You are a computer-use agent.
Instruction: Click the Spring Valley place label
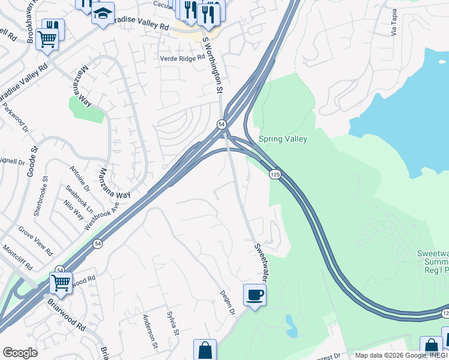(283, 139)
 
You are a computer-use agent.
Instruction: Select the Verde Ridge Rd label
(182, 58)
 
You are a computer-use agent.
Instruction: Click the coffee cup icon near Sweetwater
(255, 294)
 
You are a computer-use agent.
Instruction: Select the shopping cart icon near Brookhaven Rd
(47, 39)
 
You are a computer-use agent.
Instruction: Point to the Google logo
(20, 352)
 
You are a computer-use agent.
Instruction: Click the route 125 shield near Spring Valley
(275, 174)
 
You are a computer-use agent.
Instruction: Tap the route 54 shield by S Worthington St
(221, 124)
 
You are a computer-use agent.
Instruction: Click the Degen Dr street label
(229, 301)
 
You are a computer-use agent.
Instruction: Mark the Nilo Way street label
(74, 210)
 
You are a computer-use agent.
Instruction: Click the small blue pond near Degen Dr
(291, 326)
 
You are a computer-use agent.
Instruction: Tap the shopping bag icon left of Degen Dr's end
(205, 350)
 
